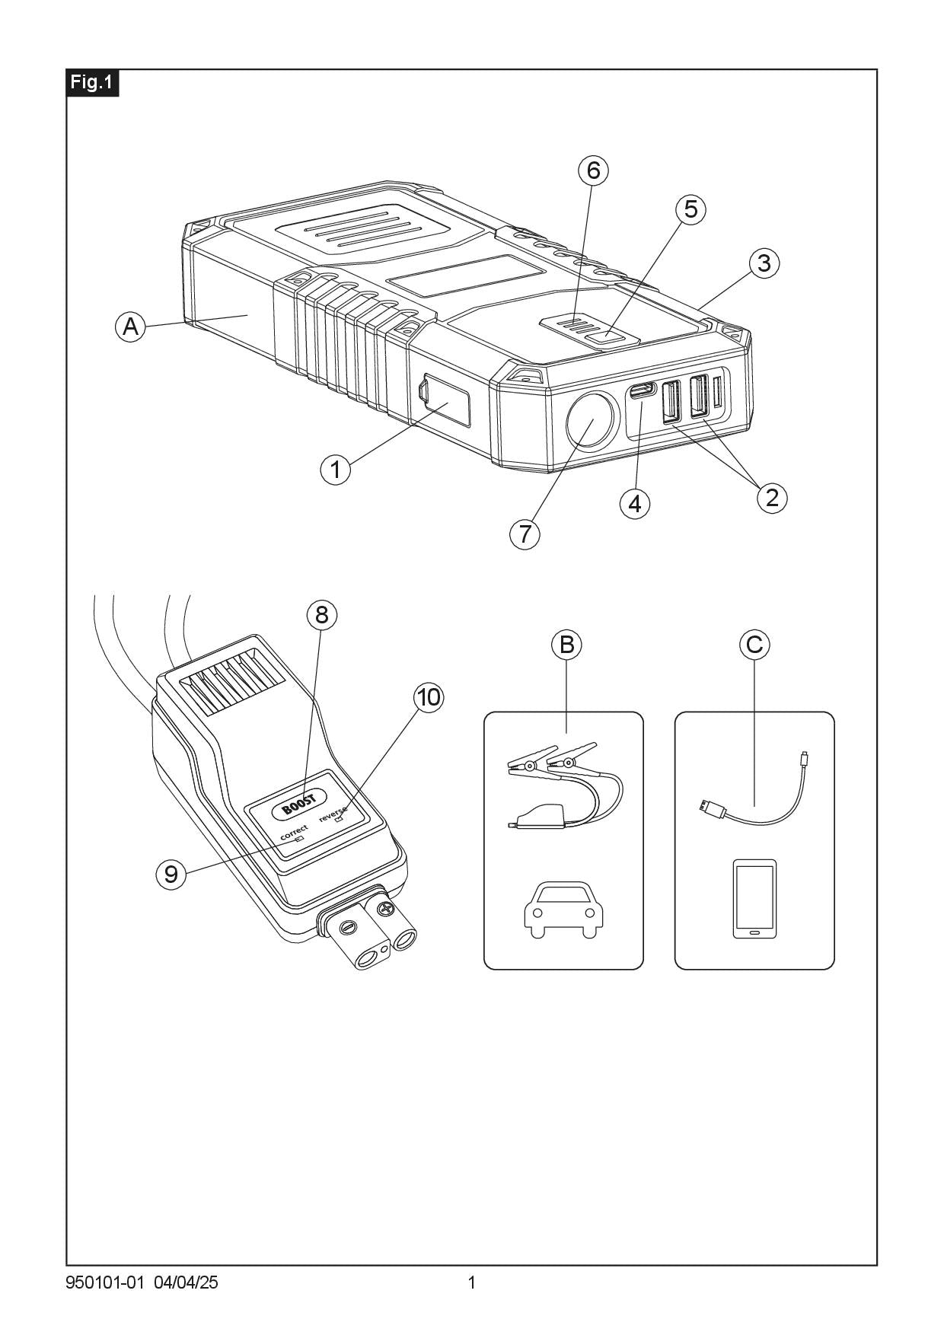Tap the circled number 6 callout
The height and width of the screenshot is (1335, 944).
click(594, 170)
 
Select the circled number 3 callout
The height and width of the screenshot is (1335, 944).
click(764, 263)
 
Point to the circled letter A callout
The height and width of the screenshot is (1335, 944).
click(130, 327)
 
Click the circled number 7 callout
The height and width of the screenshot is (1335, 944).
click(525, 534)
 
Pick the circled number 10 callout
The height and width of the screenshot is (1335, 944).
click(429, 697)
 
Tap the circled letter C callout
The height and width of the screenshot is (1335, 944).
click(754, 645)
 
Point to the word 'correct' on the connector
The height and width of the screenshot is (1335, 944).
click(294, 832)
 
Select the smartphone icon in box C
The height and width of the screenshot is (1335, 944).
click(754, 898)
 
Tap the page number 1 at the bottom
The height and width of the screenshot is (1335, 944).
click(471, 1282)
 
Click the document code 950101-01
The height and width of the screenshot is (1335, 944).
click(105, 1282)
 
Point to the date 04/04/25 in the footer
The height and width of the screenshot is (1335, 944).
click(186, 1282)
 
